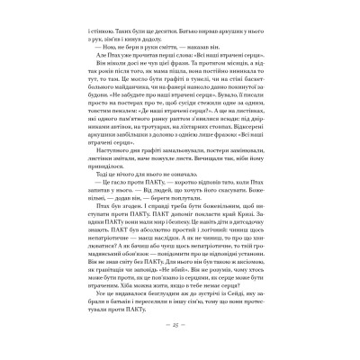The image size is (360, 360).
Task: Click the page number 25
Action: (180, 344)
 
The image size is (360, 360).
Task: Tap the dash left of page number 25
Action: (168, 344)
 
